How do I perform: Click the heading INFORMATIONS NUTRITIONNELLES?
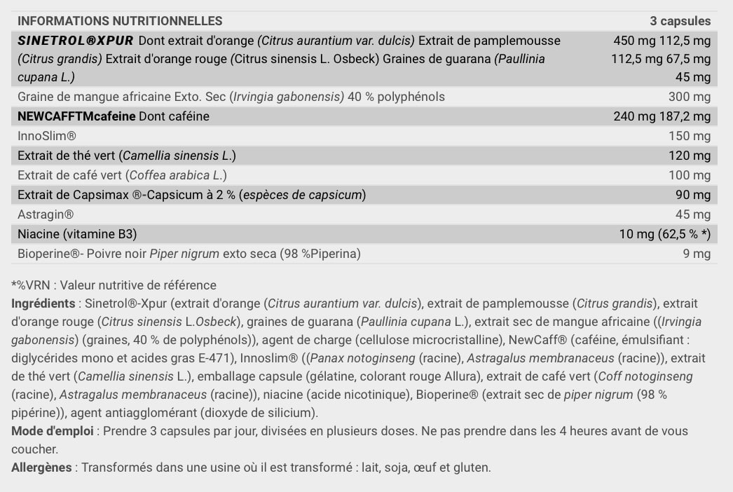[x=120, y=21]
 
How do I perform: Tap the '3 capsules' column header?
[x=680, y=21]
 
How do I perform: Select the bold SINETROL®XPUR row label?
[x=75, y=41]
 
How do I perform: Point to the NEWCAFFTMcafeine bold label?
[x=76, y=116]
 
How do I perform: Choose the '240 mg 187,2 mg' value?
[x=662, y=116]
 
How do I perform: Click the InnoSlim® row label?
[x=46, y=136]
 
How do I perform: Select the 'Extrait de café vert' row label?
[x=70, y=175]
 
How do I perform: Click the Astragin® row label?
[x=46, y=214]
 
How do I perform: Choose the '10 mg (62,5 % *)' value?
[x=665, y=234]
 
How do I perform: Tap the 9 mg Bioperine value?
[x=697, y=254]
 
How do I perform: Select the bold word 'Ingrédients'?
[x=43, y=303]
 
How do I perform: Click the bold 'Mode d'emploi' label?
[x=52, y=431]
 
